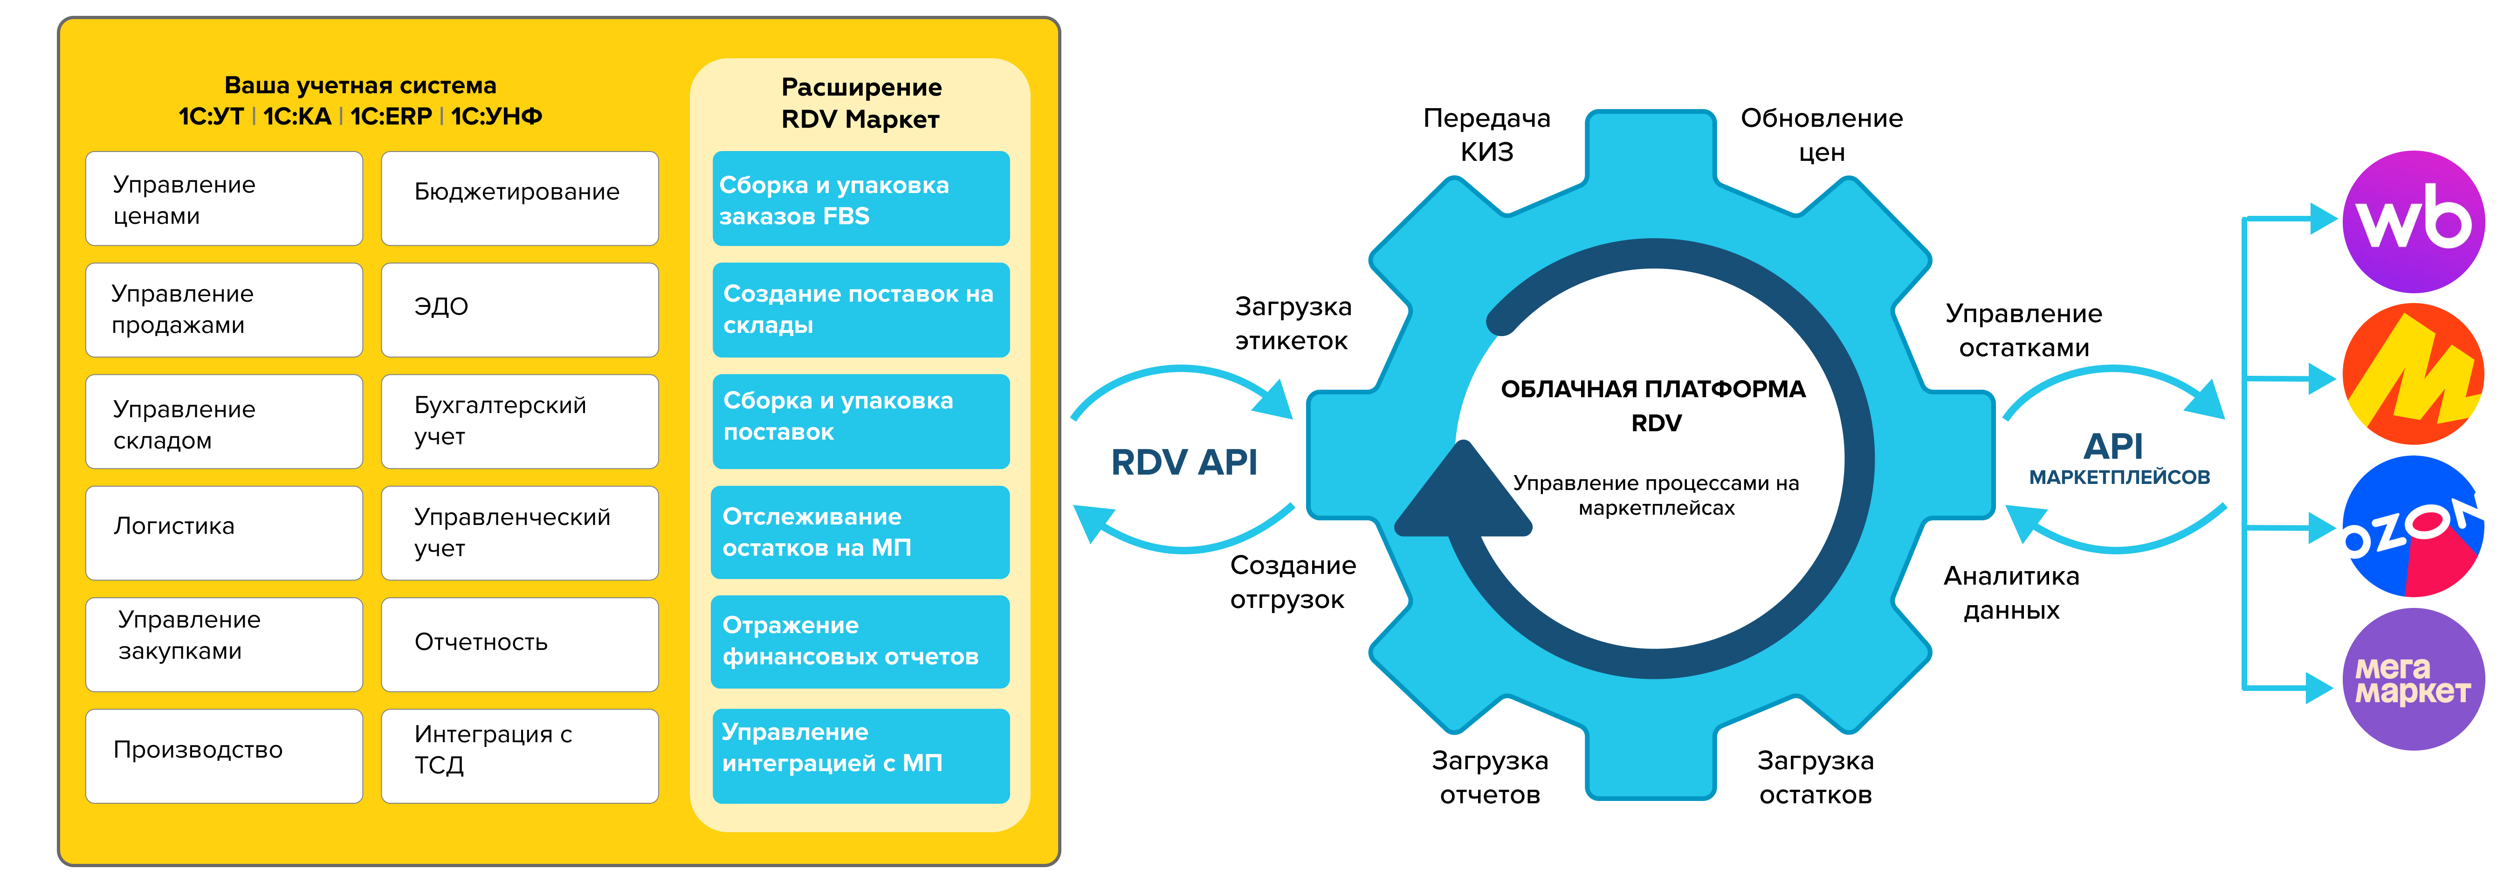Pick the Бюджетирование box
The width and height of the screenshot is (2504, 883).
519,197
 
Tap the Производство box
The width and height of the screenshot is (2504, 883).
224,755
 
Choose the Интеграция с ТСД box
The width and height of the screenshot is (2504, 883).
519,755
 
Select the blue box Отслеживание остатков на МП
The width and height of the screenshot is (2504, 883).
860,532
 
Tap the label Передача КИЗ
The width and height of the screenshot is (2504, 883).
1486,135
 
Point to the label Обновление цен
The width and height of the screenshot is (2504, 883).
1821,135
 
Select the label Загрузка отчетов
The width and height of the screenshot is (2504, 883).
1489,778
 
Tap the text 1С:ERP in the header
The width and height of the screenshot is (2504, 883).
391,117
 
